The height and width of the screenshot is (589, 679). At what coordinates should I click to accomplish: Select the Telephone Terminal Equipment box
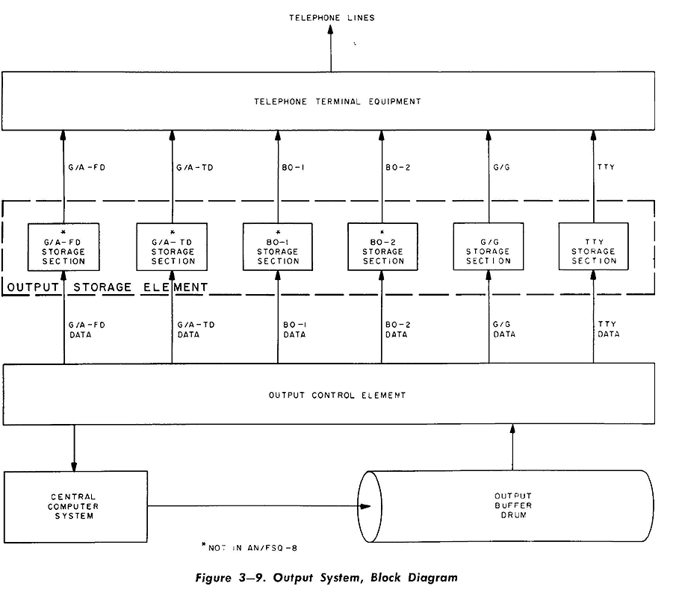click(x=328, y=100)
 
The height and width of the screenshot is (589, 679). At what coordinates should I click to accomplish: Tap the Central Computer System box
click(x=74, y=506)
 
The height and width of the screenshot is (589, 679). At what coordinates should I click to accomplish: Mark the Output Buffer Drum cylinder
click(x=512, y=506)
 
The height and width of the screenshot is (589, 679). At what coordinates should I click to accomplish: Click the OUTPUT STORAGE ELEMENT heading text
click(x=108, y=287)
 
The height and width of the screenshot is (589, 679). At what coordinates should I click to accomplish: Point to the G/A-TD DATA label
click(x=196, y=329)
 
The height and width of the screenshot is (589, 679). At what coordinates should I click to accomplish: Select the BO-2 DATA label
click(x=397, y=329)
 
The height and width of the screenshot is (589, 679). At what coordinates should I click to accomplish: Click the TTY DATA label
click(x=609, y=329)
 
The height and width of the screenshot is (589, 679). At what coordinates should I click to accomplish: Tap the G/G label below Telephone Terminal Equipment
click(x=502, y=167)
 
